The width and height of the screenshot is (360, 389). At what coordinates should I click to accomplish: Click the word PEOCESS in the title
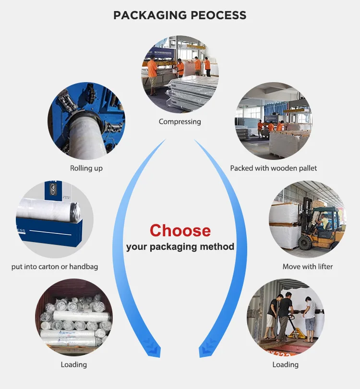(x=218, y=15)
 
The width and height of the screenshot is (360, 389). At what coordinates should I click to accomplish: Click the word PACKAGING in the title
(x=150, y=15)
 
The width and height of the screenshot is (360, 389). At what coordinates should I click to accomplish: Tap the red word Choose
(x=180, y=230)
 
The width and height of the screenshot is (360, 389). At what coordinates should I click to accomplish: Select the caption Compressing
(x=180, y=122)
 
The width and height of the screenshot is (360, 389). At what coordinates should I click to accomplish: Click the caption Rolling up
(x=86, y=168)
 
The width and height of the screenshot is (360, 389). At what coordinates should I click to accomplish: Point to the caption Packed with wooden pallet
(x=274, y=168)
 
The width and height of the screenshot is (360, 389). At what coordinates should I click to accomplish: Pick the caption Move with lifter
(x=307, y=267)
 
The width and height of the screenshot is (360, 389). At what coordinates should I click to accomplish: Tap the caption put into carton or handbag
(x=55, y=267)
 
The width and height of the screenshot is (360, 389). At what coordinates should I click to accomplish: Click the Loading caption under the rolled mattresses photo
(x=74, y=365)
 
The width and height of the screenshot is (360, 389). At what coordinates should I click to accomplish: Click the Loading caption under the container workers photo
(x=286, y=365)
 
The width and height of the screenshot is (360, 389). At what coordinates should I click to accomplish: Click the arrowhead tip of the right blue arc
(x=200, y=357)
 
